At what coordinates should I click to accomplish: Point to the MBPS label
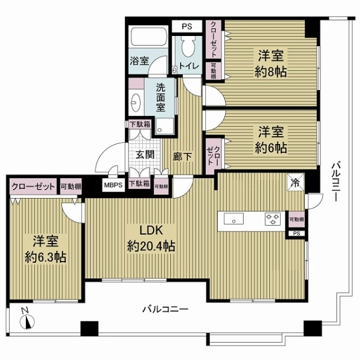pos(113,185)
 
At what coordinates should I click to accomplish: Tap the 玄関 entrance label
pos(144,154)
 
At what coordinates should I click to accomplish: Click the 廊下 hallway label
pos(182,155)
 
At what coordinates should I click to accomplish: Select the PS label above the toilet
pos(187,26)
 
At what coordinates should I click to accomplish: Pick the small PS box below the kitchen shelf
pos(296,233)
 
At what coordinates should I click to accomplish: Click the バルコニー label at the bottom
pos(164,310)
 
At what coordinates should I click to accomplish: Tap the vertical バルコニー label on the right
pos(335,179)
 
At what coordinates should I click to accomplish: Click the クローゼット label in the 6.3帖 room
pos(33,186)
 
